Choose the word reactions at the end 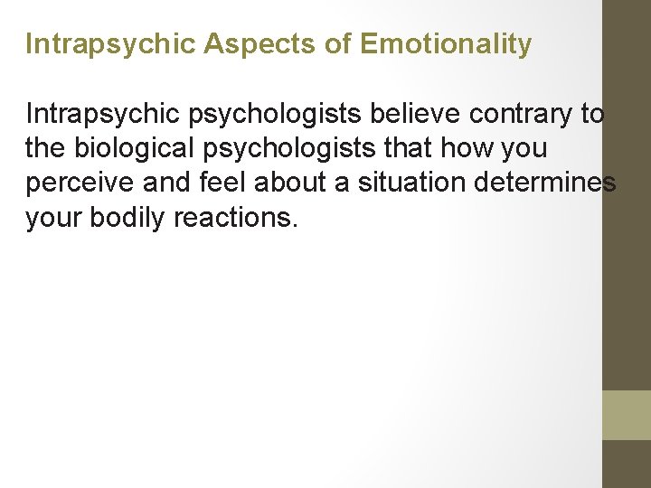pyautogui.click(x=239, y=218)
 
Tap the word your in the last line pyautogui.click(x=54, y=218)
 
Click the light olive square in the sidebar pyautogui.click(x=626, y=415)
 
